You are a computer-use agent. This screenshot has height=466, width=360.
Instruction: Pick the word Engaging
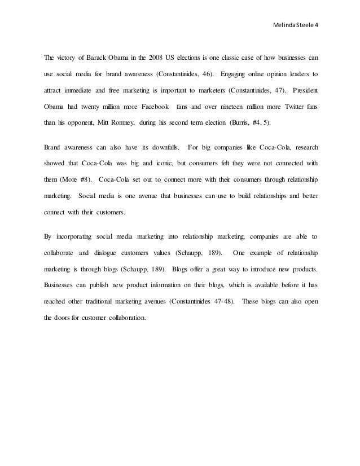point(236,74)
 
